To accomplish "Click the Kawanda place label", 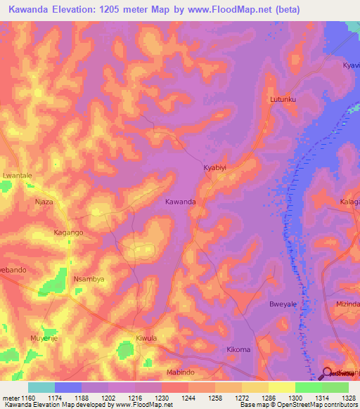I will [x=180, y=202].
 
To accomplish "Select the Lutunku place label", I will [x=284, y=100].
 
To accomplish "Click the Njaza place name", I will [x=44, y=202].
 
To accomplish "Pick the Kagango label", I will [x=69, y=232].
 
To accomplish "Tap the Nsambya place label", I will [x=89, y=279].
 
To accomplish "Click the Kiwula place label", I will [x=146, y=338].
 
